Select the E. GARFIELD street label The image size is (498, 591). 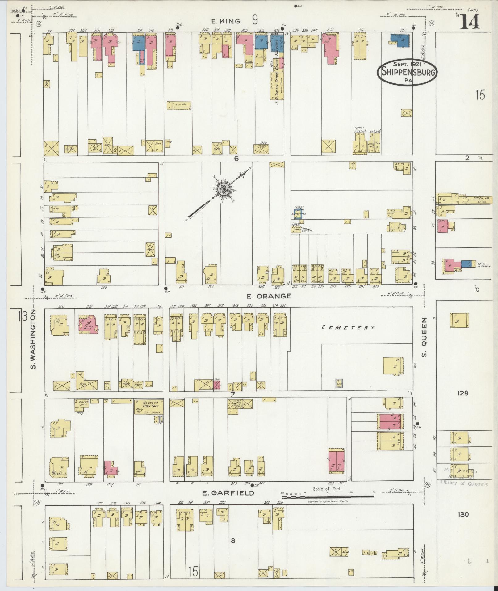click(228, 493)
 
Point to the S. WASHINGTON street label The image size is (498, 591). click(33, 340)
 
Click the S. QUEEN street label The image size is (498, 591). click(425, 337)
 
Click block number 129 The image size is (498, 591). click(463, 393)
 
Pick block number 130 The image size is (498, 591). click(463, 514)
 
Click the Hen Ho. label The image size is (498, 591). click(178, 105)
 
